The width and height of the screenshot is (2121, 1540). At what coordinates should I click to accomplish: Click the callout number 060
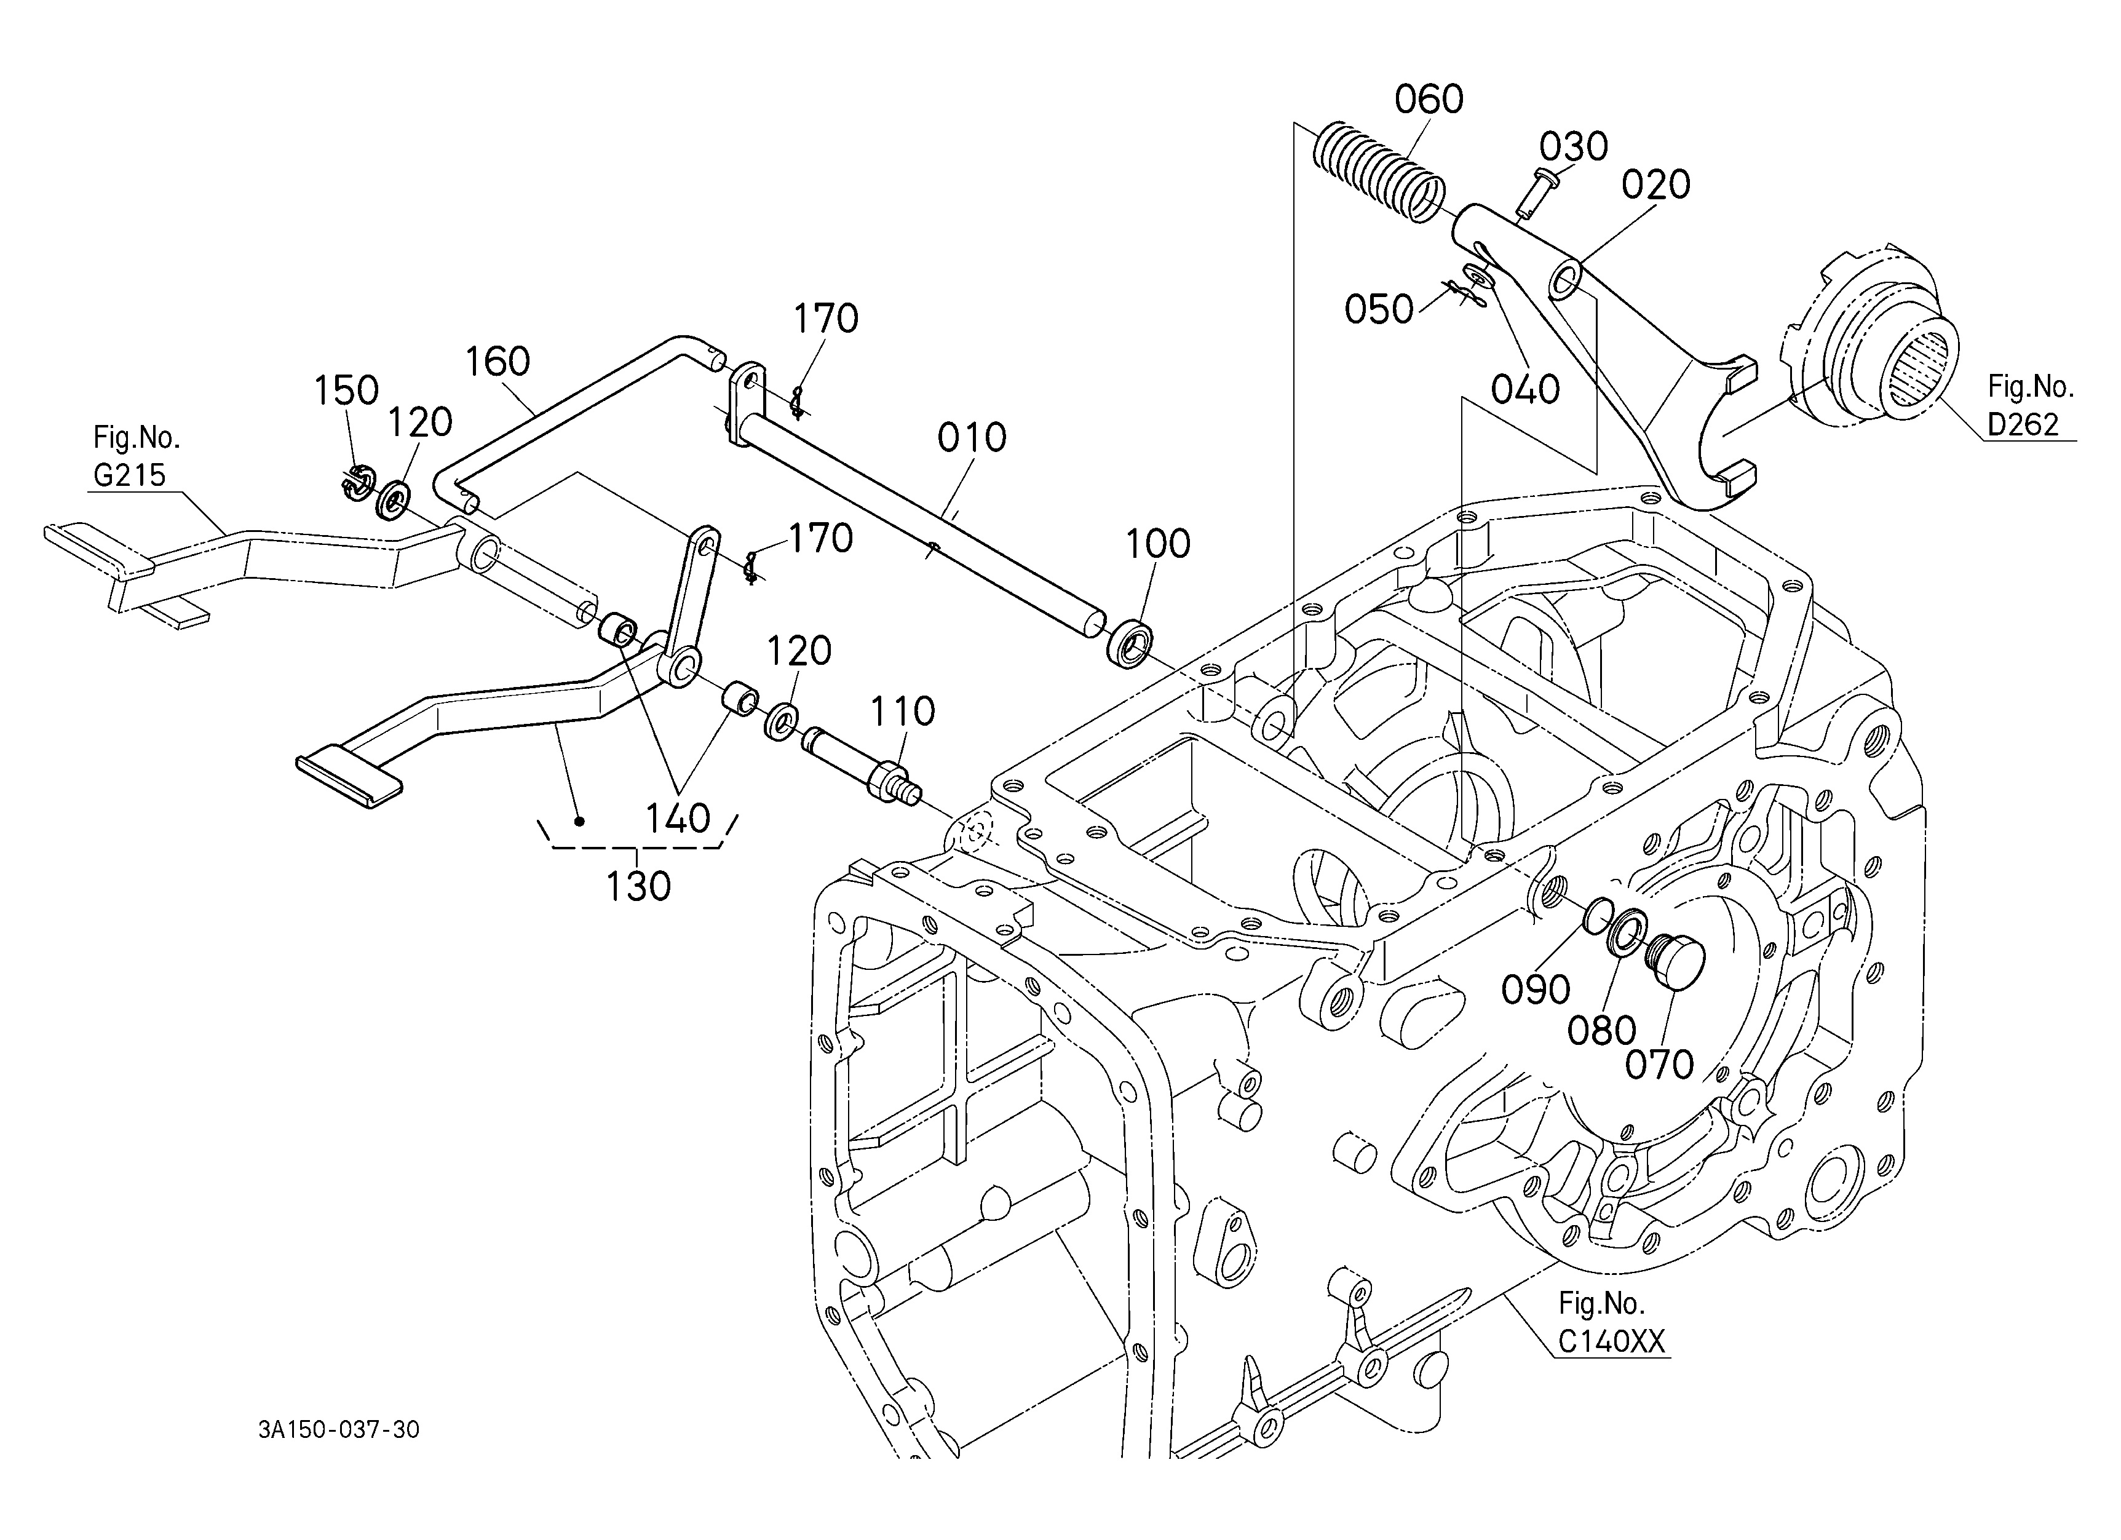[1429, 99]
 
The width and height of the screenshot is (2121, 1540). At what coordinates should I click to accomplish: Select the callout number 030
[1574, 147]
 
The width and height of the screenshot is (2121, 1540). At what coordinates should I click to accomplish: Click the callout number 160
[498, 362]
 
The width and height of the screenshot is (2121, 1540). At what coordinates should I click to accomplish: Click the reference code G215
[129, 475]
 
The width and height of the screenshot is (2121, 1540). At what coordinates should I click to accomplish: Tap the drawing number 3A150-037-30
[339, 1430]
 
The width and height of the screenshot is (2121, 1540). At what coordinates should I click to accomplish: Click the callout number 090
[1536, 990]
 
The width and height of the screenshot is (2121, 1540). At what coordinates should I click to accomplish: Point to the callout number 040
[1525, 389]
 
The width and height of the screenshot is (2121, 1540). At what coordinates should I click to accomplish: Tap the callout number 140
[678, 819]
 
